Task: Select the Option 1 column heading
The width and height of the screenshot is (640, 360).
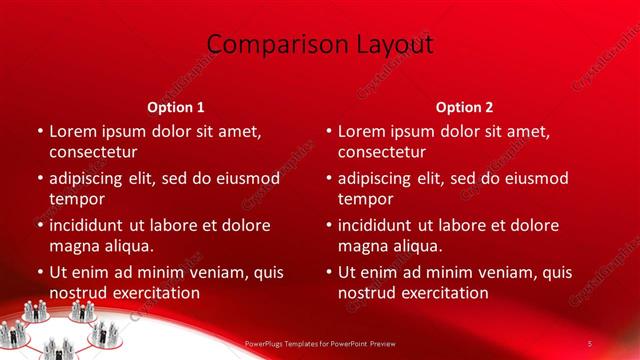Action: (x=176, y=106)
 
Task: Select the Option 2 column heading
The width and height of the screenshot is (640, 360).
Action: (x=464, y=106)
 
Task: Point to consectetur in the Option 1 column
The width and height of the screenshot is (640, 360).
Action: (x=93, y=152)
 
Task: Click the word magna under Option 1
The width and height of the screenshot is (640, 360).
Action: (x=73, y=246)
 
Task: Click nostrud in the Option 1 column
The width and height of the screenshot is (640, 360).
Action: (x=77, y=293)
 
